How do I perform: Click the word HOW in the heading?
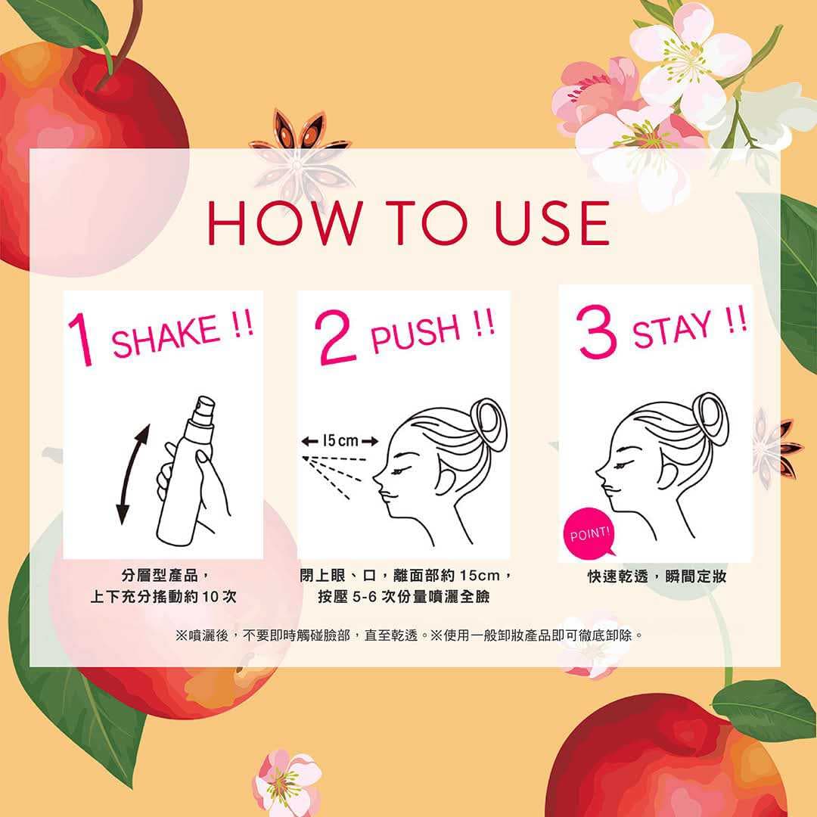click(285, 223)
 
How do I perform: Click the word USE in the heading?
click(551, 223)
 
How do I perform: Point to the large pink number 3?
click(597, 331)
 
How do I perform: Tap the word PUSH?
click(416, 332)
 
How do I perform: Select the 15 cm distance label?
click(340, 441)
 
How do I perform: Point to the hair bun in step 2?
click(489, 424)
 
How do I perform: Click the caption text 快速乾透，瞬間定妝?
click(657, 576)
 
